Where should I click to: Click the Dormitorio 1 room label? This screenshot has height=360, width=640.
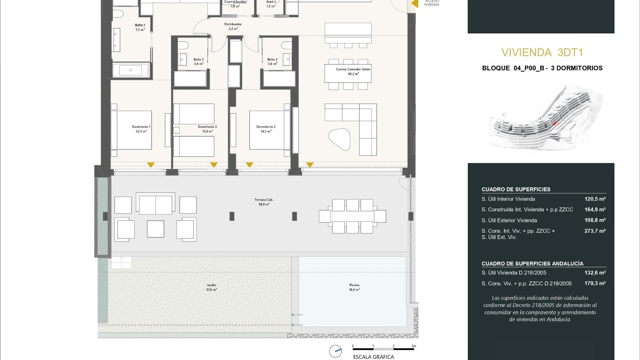pos(141,129)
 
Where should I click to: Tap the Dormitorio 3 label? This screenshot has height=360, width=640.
pos(207,129)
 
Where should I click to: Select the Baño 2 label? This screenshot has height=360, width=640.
pos(272,62)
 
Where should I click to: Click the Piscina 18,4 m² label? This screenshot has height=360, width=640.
pos(354,287)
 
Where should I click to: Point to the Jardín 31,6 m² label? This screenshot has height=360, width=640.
pos(211,287)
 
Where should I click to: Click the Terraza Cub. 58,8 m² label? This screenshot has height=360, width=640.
pos(264,202)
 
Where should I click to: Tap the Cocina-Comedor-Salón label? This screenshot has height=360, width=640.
pos(353,71)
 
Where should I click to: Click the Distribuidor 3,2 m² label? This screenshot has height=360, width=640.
pos(233,26)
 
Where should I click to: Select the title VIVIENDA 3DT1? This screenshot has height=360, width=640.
pos(542,52)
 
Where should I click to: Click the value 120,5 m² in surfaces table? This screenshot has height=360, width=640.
pos(595,199)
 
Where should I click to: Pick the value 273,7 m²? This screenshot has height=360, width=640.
pos(595,231)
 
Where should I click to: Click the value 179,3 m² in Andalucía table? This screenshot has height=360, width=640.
pos(595,283)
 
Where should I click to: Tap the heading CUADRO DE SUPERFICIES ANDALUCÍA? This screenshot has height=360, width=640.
pos(532,263)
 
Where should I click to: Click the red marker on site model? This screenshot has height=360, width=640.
pos(555,123)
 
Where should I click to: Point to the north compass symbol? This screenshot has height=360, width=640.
pos(335,351)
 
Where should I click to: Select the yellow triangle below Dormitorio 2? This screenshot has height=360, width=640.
pos(249,165)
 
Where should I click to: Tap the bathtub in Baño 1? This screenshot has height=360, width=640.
pos(130,70)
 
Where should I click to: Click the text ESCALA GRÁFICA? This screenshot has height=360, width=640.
pos(373,357)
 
